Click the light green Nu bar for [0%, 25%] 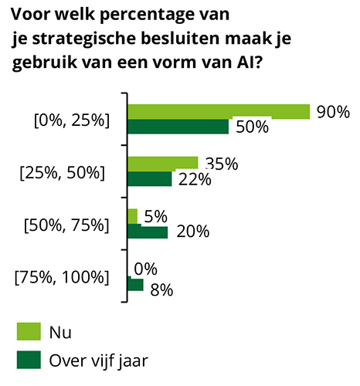click(x=218, y=111)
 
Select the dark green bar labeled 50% click(x=178, y=127)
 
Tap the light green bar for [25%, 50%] click(x=162, y=163)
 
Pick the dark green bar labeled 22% click(x=149, y=179)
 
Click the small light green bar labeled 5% click(x=132, y=215)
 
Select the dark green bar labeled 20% click(x=147, y=232)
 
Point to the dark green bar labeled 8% click(x=135, y=285)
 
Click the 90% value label click(x=333, y=112)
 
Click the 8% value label click(x=161, y=290)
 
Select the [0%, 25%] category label click(x=70, y=120)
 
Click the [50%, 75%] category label click(x=67, y=225)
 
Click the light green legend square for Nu click(x=28, y=332)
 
